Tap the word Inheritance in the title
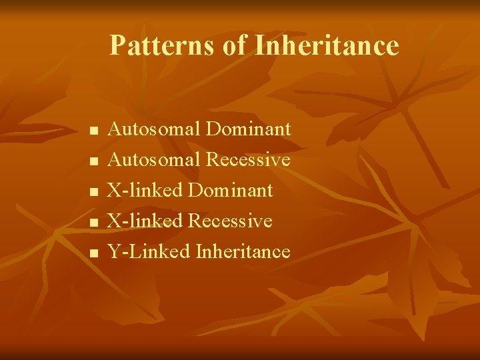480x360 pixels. [327, 46]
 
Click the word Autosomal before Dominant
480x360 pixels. [154, 129]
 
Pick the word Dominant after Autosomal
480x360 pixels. [249, 129]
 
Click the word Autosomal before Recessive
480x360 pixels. [154, 159]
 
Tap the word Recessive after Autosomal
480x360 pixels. [248, 159]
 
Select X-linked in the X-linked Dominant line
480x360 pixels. [145, 190]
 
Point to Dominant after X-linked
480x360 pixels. [231, 190]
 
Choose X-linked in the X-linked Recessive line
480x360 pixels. [145, 221]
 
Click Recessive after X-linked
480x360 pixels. [230, 221]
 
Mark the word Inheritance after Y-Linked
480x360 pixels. [243, 251]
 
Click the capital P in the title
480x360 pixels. [117, 46]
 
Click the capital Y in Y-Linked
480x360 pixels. [114, 251]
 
